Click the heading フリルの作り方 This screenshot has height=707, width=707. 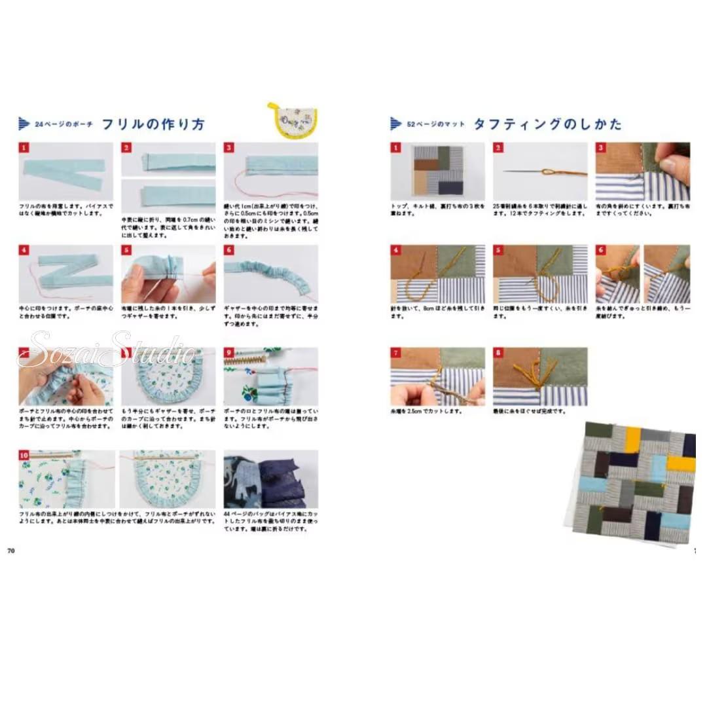[153, 124]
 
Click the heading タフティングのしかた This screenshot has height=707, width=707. [547, 124]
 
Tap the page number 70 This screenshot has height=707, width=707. [10, 550]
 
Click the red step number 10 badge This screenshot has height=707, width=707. [24, 456]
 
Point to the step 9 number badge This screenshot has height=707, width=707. [229, 353]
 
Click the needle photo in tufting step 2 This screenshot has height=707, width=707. [540, 172]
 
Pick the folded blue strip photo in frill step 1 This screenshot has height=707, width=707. [65, 172]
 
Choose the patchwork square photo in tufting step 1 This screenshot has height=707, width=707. [438, 172]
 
